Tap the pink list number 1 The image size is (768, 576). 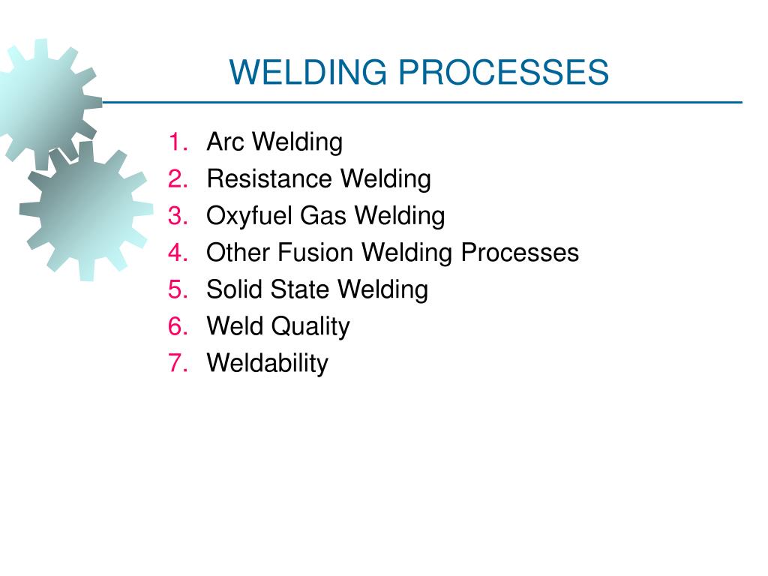point(178,142)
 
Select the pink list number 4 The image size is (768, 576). point(178,253)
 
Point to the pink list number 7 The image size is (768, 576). point(178,364)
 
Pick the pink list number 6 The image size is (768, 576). point(178,326)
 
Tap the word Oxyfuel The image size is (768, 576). point(250,216)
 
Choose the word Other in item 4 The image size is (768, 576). point(238,253)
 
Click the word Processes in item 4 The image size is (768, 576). point(520,253)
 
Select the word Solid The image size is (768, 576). point(232,289)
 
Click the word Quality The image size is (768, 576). point(310,327)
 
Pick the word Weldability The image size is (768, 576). point(268,364)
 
